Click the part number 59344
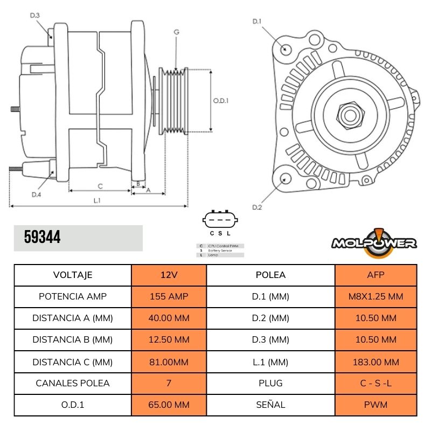[43, 238]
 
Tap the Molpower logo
[374, 241]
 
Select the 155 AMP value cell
[169, 296]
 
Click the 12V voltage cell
[169, 275]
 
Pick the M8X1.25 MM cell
[376, 296]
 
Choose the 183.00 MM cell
[376, 362]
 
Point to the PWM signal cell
[376, 405]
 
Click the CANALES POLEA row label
[73, 383]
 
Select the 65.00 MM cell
[169, 405]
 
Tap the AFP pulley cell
[376, 275]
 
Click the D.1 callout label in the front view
[257, 22]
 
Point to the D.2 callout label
[257, 207]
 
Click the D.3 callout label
[34, 16]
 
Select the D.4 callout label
[36, 194]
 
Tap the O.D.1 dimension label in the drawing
[221, 100]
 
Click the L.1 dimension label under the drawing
[97, 200]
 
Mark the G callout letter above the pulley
[176, 32]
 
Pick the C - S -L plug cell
[376, 383]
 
